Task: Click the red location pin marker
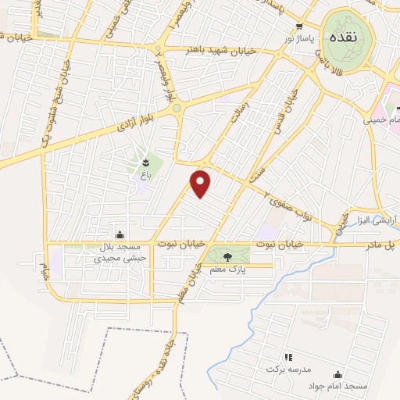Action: [x=202, y=183]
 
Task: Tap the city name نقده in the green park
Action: [x=344, y=37]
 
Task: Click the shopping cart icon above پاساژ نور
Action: [x=298, y=26]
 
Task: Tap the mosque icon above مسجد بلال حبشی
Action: [x=120, y=234]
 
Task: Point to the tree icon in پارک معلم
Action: [x=227, y=255]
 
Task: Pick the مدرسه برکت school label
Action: [x=288, y=367]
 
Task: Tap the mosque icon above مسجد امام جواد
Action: [x=337, y=374]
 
